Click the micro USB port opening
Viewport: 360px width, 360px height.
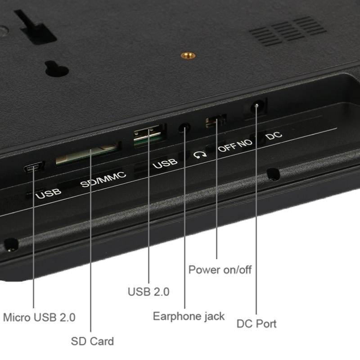click(34, 167)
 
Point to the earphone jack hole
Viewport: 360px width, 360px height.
click(184, 128)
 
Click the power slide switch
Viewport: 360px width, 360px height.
click(216, 121)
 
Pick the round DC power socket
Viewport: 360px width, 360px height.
click(256, 106)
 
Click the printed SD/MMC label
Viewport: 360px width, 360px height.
click(103, 179)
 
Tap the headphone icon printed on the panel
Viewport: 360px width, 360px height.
click(200, 154)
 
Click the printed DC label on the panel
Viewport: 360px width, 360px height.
click(274, 135)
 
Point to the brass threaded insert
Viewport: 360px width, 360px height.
click(188, 55)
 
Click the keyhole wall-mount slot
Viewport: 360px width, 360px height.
click(57, 68)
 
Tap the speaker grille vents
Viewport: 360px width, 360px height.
click(288, 31)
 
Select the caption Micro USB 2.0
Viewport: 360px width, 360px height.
click(39, 318)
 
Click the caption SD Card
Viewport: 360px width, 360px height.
click(92, 341)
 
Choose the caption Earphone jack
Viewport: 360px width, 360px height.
click(189, 316)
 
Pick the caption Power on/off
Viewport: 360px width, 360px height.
click(220, 270)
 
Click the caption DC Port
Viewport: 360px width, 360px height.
click(256, 324)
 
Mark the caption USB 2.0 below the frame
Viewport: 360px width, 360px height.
click(148, 292)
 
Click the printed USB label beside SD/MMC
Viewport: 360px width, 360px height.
click(48, 194)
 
